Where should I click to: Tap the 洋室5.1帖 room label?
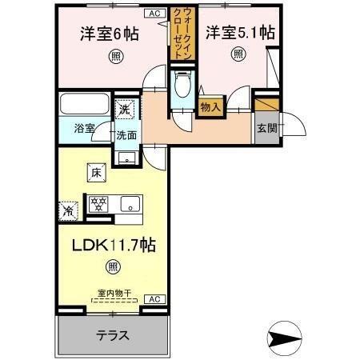coord(240,33)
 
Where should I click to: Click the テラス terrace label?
coord(113,335)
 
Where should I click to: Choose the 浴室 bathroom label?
coord(74,129)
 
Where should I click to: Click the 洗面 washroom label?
coord(126,136)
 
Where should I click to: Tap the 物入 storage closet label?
coord(210,107)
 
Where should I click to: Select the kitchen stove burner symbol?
coord(98,203)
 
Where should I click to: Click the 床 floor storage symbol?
coord(94,170)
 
